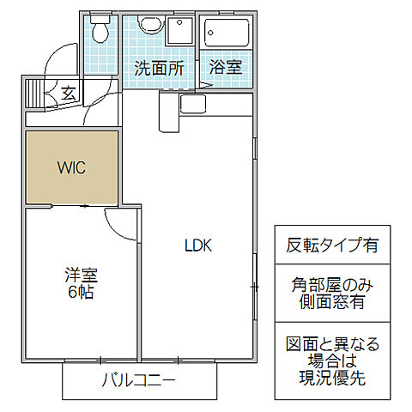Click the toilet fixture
pyautogui.click(x=101, y=32)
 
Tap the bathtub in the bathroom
pyautogui.click(x=227, y=36)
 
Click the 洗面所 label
pyautogui.click(x=159, y=69)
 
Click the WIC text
pyautogui.click(x=71, y=167)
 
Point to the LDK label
pyautogui.click(x=198, y=245)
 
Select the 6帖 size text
pyautogui.click(x=82, y=293)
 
